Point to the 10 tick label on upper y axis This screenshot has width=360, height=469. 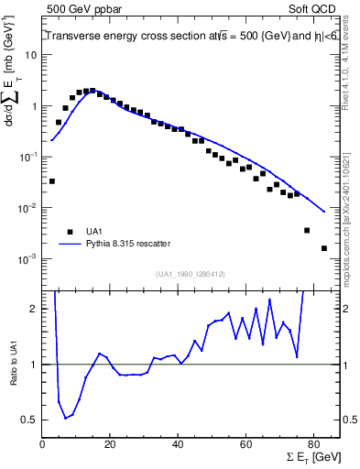point(29,55)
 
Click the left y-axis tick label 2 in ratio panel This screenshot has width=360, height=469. point(33,309)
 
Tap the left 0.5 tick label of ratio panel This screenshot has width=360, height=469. point(28,420)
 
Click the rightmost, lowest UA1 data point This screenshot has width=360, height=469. point(324,248)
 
